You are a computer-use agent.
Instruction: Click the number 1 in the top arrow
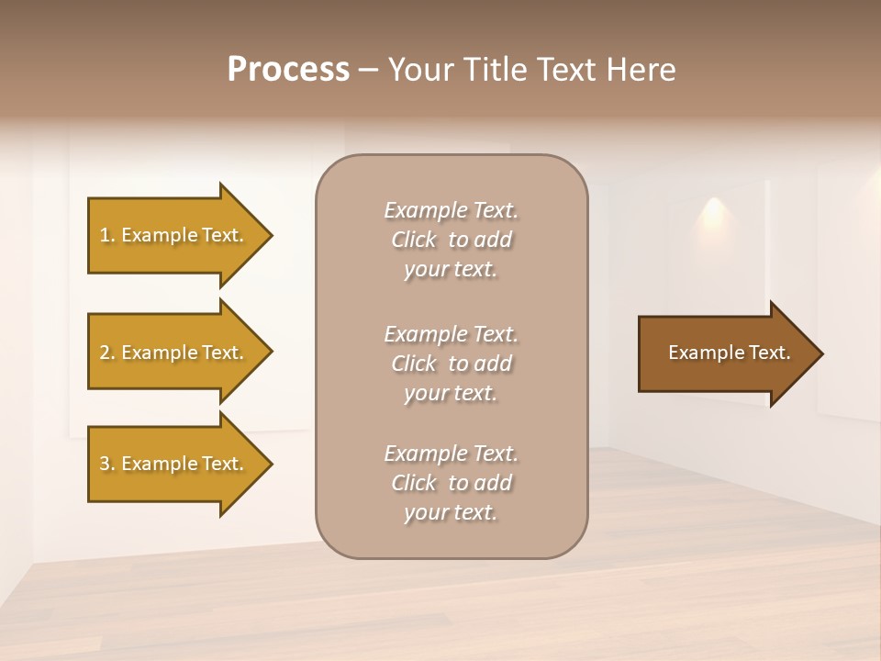tap(105, 235)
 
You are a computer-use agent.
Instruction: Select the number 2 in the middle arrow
tap(105, 353)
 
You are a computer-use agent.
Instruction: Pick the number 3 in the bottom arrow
tap(105, 464)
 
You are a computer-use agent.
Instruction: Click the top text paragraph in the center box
tap(451, 240)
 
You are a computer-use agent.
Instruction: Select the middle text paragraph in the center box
tap(451, 363)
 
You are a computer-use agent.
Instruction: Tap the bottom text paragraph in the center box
tap(451, 482)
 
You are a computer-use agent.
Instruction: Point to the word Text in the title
tap(564, 70)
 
